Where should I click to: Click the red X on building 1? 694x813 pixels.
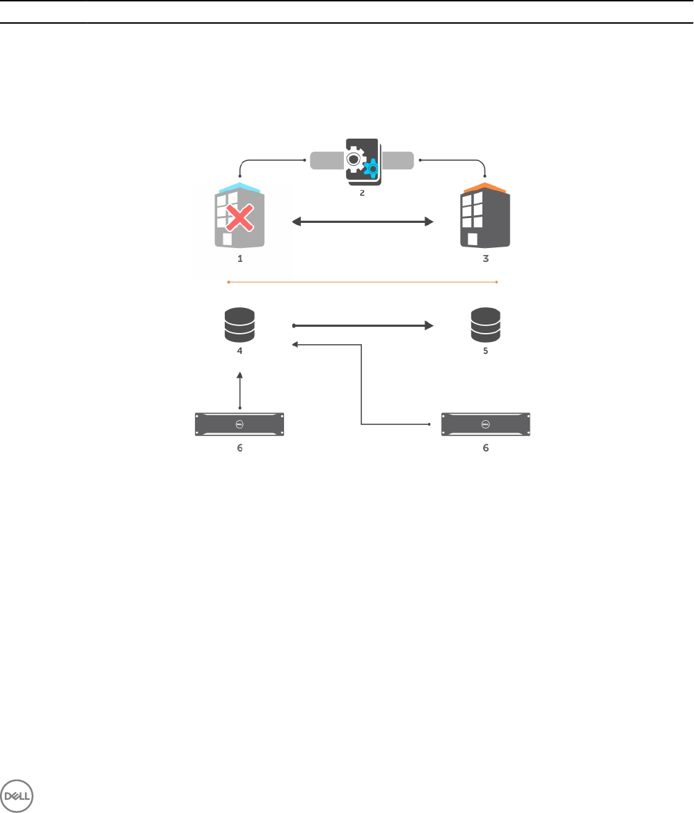pyautogui.click(x=239, y=221)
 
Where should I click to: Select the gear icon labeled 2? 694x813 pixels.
pyautogui.click(x=362, y=161)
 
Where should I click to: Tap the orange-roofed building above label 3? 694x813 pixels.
pyautogui.click(x=485, y=217)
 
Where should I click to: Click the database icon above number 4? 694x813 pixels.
pyautogui.click(x=240, y=325)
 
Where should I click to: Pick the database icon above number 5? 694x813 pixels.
pyautogui.click(x=485, y=325)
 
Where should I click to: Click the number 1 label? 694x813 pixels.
pyautogui.click(x=240, y=258)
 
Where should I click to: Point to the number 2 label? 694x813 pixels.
pyautogui.click(x=362, y=193)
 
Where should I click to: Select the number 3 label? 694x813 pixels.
pyautogui.click(x=486, y=258)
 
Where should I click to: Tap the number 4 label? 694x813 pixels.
pyautogui.click(x=240, y=351)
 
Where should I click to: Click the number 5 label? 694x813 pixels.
pyautogui.click(x=486, y=351)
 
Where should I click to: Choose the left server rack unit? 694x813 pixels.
pyautogui.click(x=240, y=424)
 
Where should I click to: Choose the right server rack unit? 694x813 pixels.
pyautogui.click(x=485, y=424)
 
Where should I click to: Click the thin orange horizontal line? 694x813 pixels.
pyautogui.click(x=362, y=282)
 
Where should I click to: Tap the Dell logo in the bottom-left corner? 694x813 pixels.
pyautogui.click(x=17, y=794)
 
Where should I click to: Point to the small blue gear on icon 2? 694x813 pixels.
pyautogui.click(x=372, y=169)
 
